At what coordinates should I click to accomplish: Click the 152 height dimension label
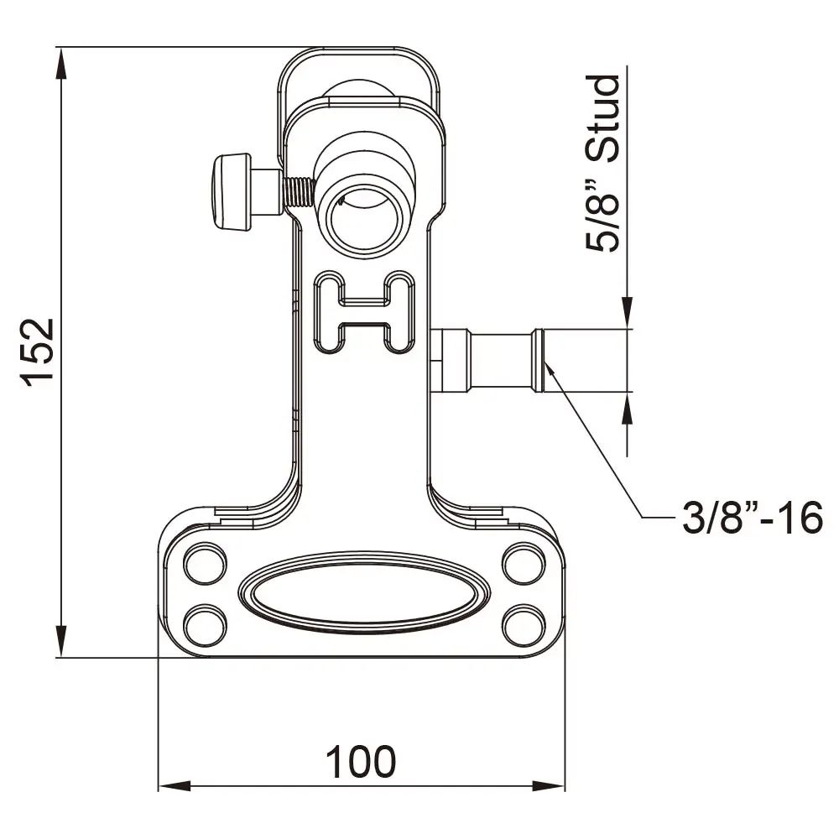tap(39, 352)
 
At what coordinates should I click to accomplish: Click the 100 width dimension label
tap(361, 762)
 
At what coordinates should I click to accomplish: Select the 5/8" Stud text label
tap(604, 164)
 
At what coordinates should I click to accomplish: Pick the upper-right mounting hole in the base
tap(524, 564)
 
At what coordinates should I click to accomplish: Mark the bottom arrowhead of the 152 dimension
tap(60, 646)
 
